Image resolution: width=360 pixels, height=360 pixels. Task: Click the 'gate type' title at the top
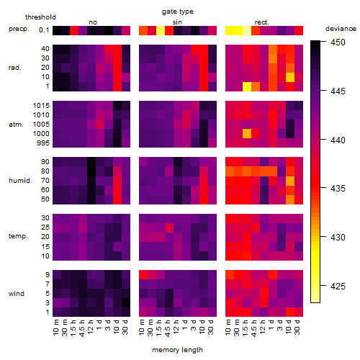click(x=178, y=12)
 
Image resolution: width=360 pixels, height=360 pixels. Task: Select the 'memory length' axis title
click(x=177, y=350)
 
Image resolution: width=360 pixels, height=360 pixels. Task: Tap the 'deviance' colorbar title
click(x=341, y=29)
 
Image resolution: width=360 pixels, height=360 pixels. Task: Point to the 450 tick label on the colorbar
click(x=338, y=42)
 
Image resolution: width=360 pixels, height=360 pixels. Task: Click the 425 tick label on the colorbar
click(x=338, y=286)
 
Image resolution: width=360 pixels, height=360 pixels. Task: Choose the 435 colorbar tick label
click(x=338, y=189)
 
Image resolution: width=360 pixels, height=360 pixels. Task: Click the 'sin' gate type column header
click(x=177, y=22)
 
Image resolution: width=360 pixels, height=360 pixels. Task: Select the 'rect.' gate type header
click(x=262, y=22)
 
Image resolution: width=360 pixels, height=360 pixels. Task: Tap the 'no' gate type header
click(x=93, y=22)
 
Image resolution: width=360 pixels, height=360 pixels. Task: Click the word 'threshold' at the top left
click(x=40, y=17)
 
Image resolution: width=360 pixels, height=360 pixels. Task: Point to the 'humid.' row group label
click(x=20, y=181)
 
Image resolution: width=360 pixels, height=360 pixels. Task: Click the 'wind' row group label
click(x=17, y=294)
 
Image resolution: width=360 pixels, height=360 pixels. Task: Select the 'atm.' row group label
click(x=16, y=125)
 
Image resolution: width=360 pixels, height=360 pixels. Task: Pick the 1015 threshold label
click(x=41, y=106)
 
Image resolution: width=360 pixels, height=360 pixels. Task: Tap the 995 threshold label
click(x=43, y=143)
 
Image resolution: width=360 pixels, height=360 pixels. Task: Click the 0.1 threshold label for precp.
click(x=44, y=30)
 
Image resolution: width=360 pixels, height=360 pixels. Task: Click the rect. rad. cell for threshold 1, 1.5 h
click(x=247, y=86)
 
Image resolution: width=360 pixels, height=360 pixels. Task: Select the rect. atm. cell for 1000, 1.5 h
click(x=247, y=134)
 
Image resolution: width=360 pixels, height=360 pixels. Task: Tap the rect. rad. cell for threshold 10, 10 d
click(x=290, y=77)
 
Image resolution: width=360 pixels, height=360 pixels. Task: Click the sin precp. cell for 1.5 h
click(x=161, y=30)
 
